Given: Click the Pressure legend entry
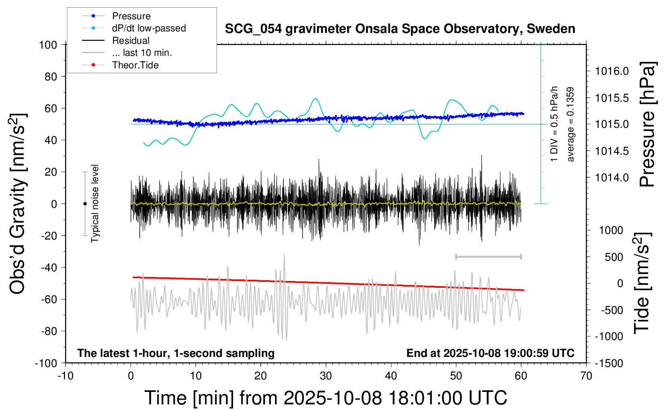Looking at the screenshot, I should pyautogui.click(x=131, y=16).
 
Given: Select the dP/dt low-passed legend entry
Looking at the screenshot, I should pyautogui.click(x=149, y=28).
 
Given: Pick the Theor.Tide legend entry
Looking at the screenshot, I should pyautogui.click(x=135, y=65).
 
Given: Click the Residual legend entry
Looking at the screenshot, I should pyautogui.click(x=131, y=41).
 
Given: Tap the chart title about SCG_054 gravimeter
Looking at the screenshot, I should pyautogui.click(x=400, y=29).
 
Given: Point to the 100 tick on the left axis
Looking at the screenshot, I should pyautogui.click(x=48, y=45).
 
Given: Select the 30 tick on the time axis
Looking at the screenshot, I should pyautogui.click(x=326, y=376).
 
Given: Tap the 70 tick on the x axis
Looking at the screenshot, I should pyautogui.click(x=586, y=376).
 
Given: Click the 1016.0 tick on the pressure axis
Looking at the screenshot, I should pyautogui.click(x=612, y=71).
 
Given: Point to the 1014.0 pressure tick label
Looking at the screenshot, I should pyautogui.click(x=612, y=178).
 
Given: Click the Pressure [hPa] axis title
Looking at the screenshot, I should pyautogui.click(x=648, y=124).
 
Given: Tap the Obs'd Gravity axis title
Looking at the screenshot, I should pyautogui.click(x=18, y=203).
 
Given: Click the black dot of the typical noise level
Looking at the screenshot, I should pyautogui.click(x=85, y=204).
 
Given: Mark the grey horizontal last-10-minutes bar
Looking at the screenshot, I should pyautogui.click(x=488, y=256).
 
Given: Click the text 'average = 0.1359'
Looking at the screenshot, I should pyautogui.click(x=571, y=124).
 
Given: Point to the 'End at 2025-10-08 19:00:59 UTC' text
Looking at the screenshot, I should pyautogui.click(x=490, y=353).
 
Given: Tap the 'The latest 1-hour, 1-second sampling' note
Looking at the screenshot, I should pyautogui.click(x=176, y=353).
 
